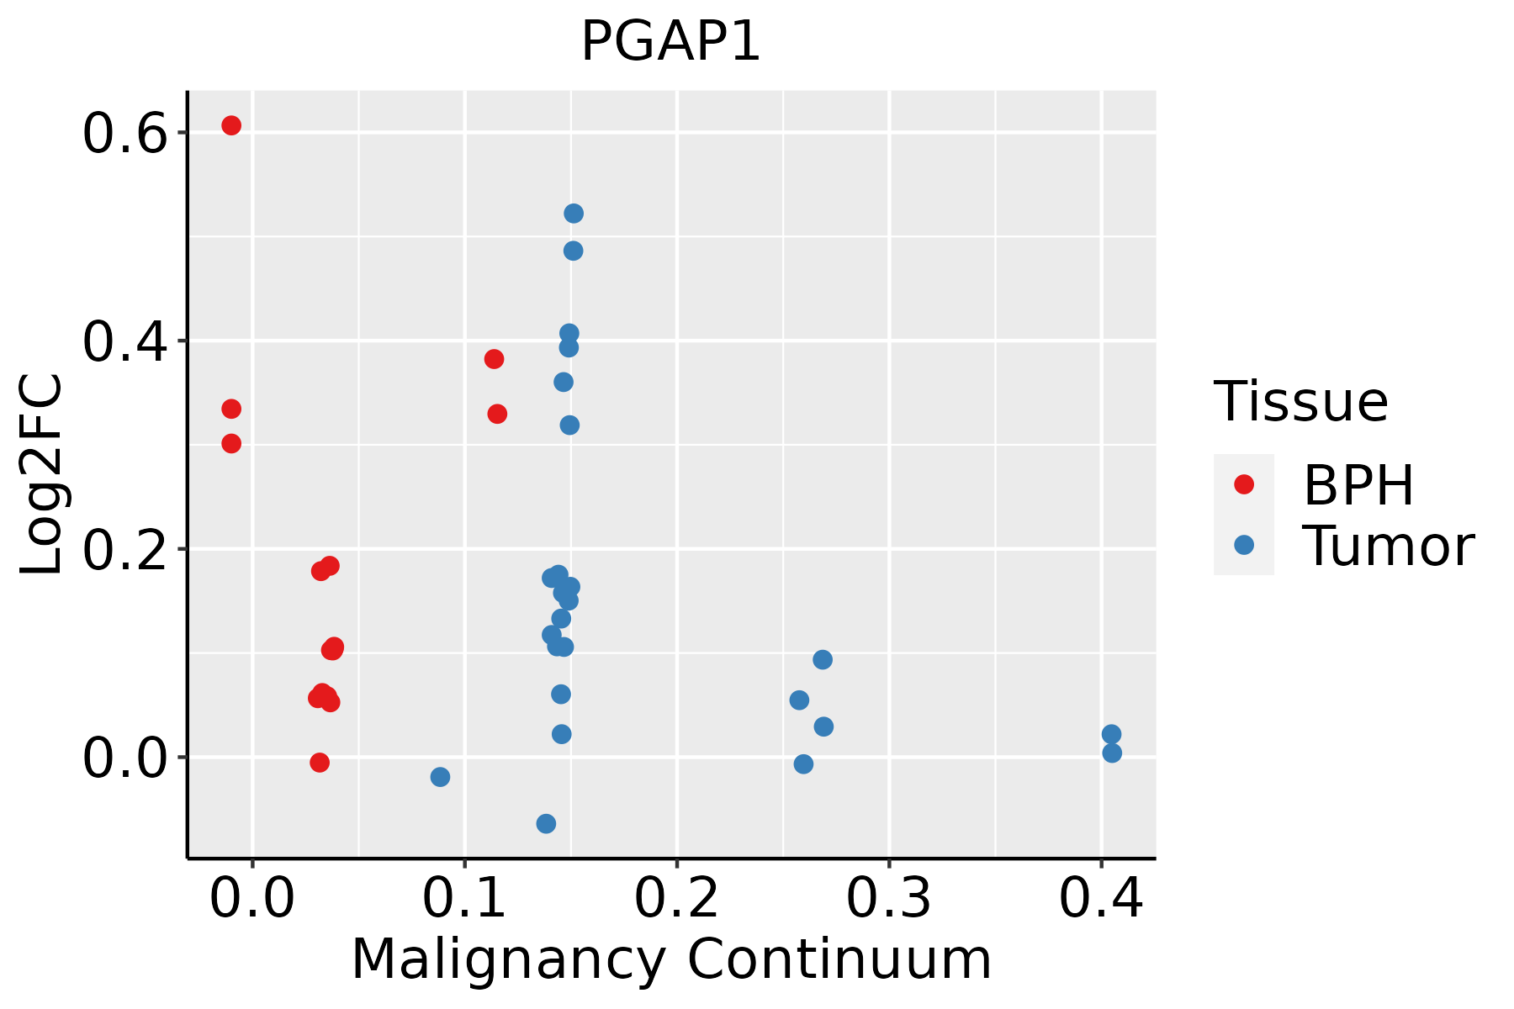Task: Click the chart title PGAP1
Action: pyautogui.click(x=670, y=41)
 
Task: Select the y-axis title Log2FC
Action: pyautogui.click(x=42, y=475)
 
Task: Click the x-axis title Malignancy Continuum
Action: pyautogui.click(x=671, y=959)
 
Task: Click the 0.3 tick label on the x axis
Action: pyautogui.click(x=888, y=899)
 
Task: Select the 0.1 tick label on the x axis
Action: pyautogui.click(x=464, y=899)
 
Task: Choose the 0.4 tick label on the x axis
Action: pyautogui.click(x=1101, y=899)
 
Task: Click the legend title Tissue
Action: pyautogui.click(x=1301, y=402)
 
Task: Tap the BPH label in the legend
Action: pyautogui.click(x=1358, y=485)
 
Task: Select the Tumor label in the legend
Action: pyautogui.click(x=1389, y=547)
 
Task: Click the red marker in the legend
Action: pyautogui.click(x=1243, y=484)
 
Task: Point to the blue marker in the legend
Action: pyautogui.click(x=1243, y=545)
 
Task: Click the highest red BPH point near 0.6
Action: pyautogui.click(x=231, y=125)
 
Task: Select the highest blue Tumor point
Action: pyautogui.click(x=574, y=214)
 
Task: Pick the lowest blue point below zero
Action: pyautogui.click(x=546, y=823)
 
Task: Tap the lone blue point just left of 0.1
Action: pyautogui.click(x=440, y=777)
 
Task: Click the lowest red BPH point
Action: pyautogui.click(x=320, y=763)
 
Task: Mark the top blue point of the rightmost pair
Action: pyautogui.click(x=1111, y=734)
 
